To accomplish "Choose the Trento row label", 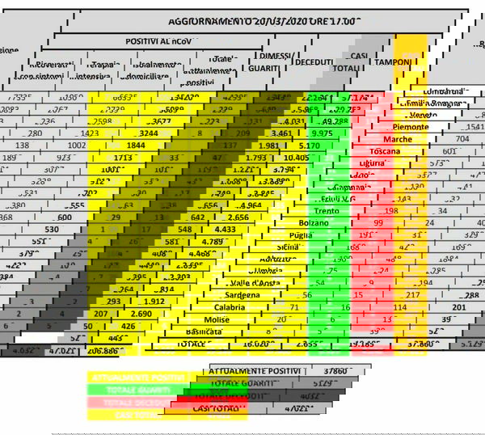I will [326, 210].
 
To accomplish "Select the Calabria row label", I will [231, 307].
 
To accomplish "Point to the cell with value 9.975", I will [321, 133].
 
